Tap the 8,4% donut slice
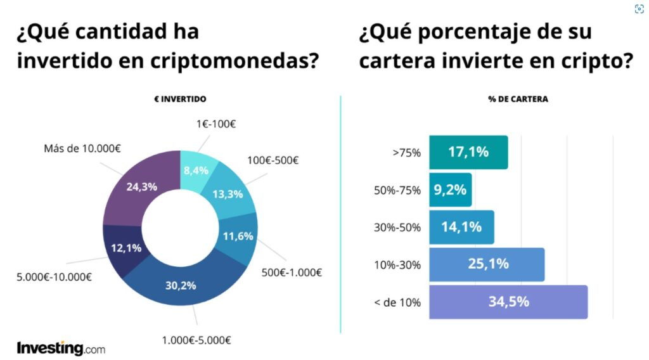(196, 171)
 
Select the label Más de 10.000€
(82, 148)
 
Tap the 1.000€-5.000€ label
(196, 340)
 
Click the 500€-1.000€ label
(292, 273)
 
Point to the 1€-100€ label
(215, 124)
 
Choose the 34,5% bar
(508, 302)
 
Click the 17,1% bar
(468, 152)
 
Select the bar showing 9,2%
(451, 190)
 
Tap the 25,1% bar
(487, 264)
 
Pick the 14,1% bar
(461, 227)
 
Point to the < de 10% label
(397, 302)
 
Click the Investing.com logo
(61, 348)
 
